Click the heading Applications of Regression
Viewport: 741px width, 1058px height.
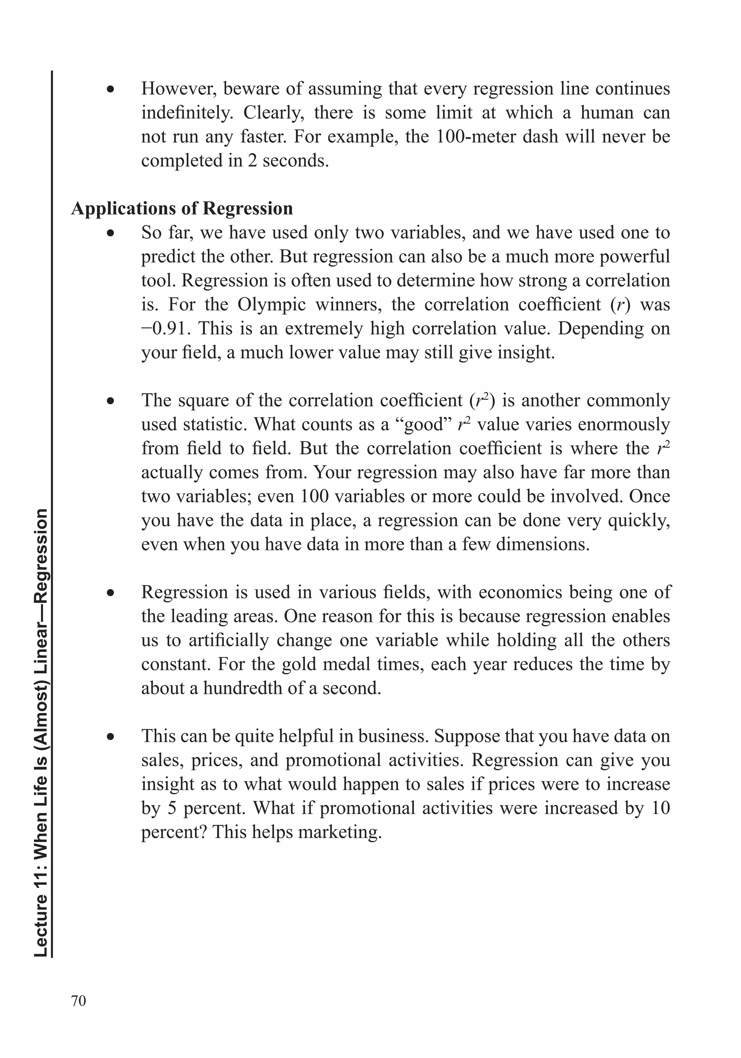(182, 208)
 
